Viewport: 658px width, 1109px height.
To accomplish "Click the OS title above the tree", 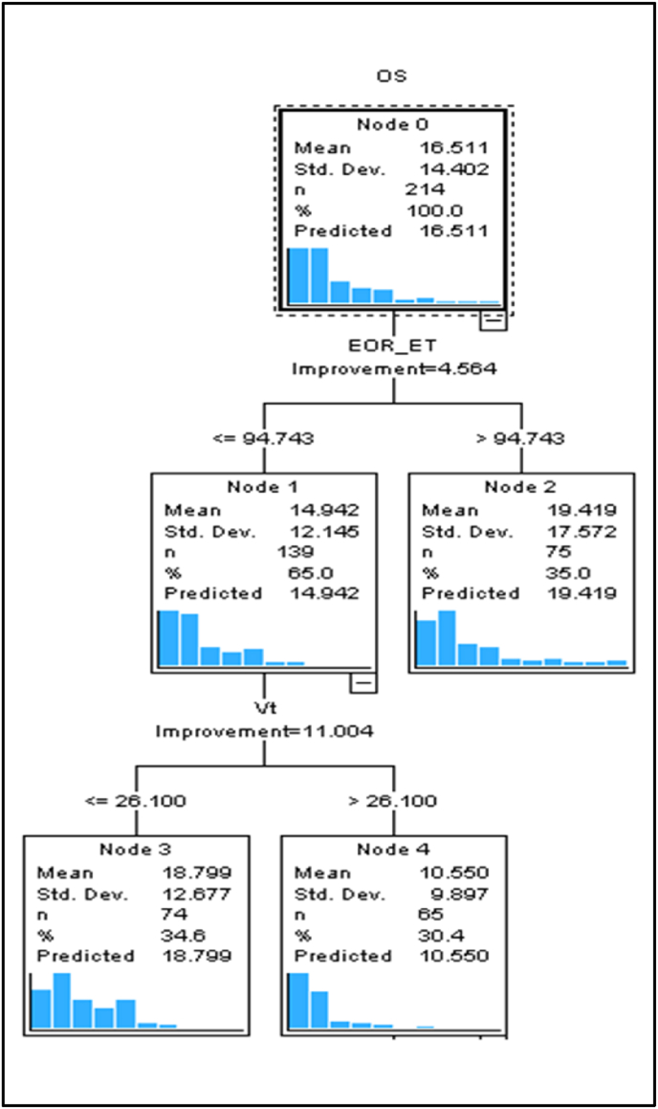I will (x=393, y=77).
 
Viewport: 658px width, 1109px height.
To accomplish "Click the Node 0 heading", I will (x=393, y=124).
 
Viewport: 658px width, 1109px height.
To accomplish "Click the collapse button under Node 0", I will (x=493, y=321).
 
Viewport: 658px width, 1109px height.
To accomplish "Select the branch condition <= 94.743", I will (x=262, y=439).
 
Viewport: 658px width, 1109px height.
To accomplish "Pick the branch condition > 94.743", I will (x=520, y=439).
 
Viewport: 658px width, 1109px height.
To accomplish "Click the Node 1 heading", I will (x=263, y=487).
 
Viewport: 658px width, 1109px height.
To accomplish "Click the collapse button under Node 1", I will (x=363, y=682).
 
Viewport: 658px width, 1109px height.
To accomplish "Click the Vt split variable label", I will (x=264, y=709).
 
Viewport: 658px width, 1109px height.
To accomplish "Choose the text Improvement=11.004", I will (x=264, y=730).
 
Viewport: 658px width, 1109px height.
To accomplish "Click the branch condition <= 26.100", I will (x=135, y=801).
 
